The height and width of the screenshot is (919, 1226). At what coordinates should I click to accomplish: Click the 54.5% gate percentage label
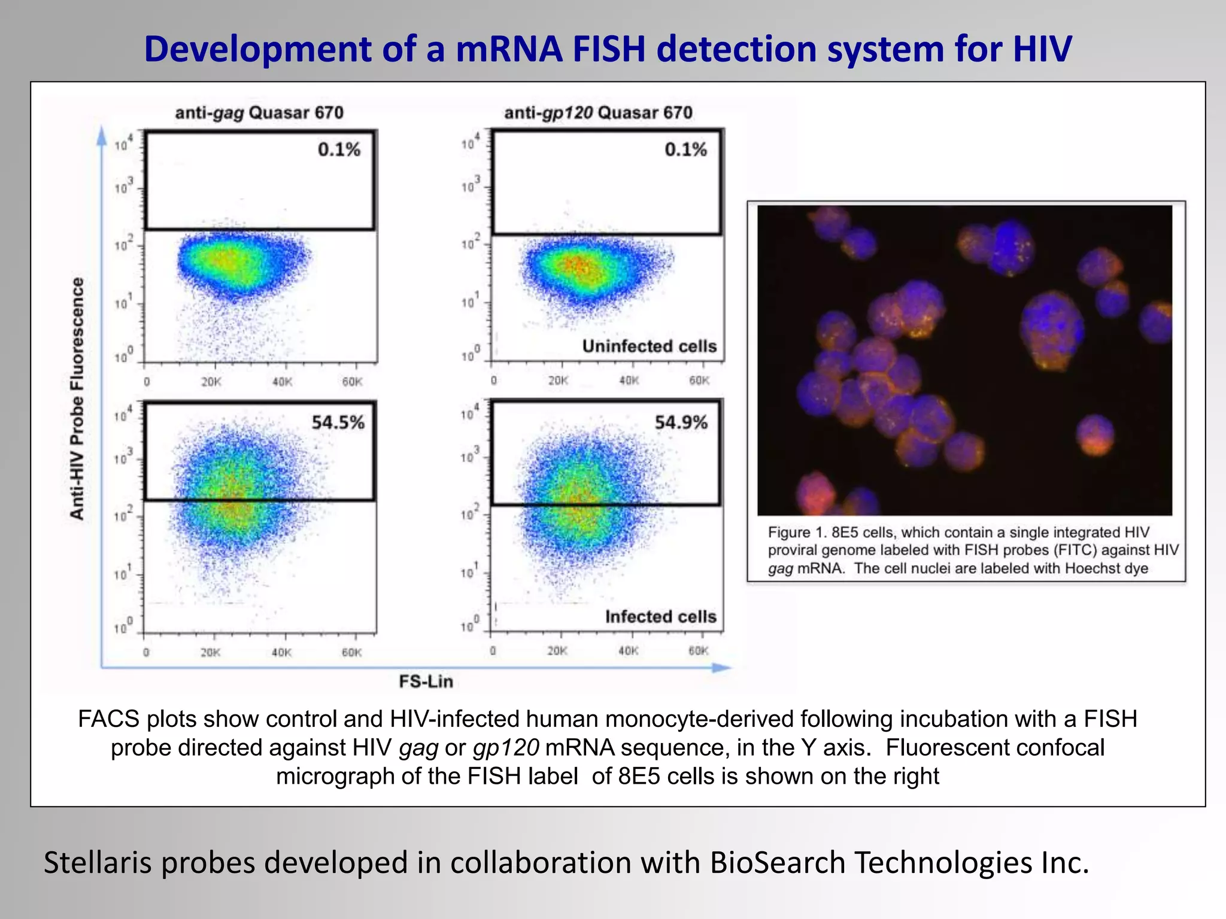338,422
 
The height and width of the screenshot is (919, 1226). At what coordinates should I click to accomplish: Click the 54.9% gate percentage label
681,422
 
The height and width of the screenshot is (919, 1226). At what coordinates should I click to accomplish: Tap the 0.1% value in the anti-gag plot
339,149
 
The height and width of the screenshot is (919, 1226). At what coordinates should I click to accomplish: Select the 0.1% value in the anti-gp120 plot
685,149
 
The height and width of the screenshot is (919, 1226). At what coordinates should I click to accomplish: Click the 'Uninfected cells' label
649,346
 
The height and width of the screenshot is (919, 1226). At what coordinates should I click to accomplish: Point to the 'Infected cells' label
660,617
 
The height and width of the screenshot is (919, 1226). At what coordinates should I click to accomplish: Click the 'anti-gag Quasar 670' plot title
259,112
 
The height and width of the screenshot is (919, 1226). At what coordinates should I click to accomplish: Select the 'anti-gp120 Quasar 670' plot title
598,112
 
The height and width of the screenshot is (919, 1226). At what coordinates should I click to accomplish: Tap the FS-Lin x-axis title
426,681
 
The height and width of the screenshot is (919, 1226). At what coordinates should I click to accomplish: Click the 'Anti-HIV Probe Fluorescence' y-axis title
77,398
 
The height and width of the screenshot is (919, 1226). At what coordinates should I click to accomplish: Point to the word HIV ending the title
1042,49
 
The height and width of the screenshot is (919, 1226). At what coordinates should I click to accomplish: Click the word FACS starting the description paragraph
108,719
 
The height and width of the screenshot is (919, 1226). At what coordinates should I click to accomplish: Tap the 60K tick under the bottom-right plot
698,651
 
